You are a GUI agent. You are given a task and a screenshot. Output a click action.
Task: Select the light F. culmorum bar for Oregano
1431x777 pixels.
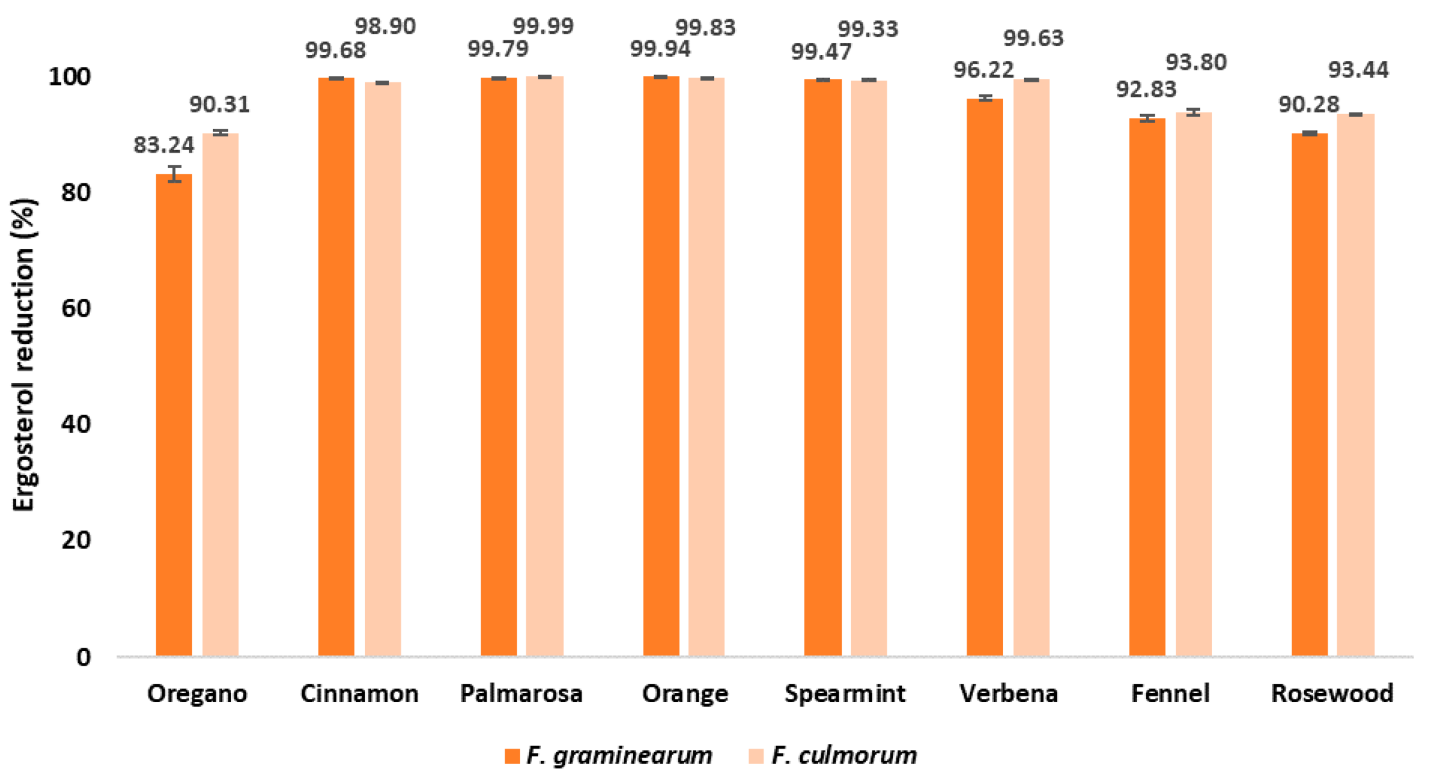[x=220, y=394]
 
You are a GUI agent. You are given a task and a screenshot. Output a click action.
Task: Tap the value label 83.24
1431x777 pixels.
[x=164, y=145]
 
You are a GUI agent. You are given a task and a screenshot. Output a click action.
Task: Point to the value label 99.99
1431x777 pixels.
[x=543, y=26]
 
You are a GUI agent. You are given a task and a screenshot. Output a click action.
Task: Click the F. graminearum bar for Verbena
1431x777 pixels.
[x=984, y=377]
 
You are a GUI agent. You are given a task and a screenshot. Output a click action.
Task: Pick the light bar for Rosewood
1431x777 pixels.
[x=1356, y=385]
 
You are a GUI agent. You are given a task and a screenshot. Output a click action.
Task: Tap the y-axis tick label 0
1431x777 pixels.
[x=83, y=657]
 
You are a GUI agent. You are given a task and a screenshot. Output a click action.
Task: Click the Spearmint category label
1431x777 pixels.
[x=845, y=694]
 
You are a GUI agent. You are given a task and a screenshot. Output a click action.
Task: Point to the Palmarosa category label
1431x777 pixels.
[x=521, y=694]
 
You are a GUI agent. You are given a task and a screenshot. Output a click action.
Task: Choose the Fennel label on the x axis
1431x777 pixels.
[x=1170, y=694]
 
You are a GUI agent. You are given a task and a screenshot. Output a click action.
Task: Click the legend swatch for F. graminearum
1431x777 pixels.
[x=512, y=756]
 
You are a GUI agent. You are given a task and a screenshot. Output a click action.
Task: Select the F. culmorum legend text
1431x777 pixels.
[x=844, y=756]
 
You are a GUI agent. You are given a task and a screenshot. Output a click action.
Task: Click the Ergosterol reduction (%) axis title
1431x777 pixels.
[x=24, y=354]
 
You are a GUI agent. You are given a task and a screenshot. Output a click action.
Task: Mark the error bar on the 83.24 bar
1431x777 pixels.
[x=175, y=174]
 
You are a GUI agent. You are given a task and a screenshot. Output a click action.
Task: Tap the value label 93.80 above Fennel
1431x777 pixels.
[x=1196, y=62]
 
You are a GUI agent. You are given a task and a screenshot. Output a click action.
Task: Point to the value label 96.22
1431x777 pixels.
[x=983, y=70]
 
